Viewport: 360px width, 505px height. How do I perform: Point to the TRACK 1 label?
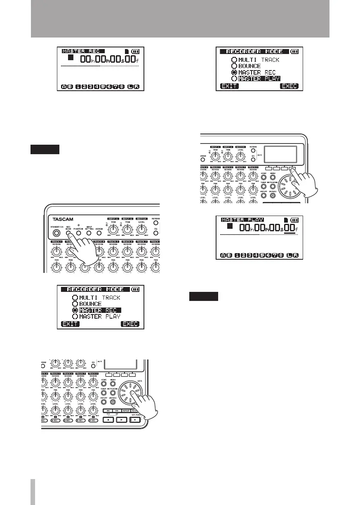pos(57,241)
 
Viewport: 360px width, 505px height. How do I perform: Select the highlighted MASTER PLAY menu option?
pos(259,78)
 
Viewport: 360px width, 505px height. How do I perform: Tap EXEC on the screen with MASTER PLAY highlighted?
pos(289,87)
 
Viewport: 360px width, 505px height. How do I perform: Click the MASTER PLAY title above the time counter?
pos(242,220)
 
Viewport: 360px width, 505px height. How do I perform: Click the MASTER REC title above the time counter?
pos(82,52)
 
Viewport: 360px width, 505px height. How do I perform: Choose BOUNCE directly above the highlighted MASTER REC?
pos(90,304)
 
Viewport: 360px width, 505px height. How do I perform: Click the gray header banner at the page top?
pos(180,19)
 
